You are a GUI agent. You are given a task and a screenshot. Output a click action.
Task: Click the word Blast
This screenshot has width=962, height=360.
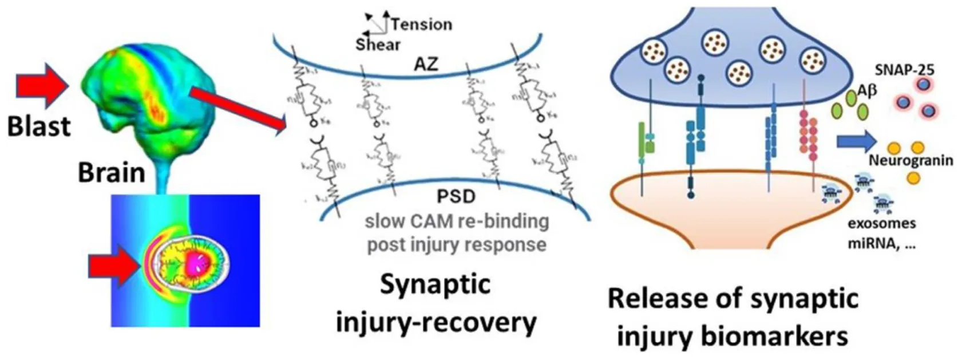coord(39,125)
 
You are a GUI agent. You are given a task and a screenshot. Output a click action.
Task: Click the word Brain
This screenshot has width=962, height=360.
coord(112,172)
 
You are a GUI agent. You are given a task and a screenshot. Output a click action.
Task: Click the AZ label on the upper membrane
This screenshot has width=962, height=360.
coord(426,64)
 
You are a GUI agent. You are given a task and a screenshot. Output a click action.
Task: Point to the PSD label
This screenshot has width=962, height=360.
coord(456,197)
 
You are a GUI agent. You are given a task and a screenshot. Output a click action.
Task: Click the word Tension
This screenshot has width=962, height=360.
coord(422,25)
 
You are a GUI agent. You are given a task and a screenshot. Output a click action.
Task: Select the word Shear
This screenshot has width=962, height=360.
coord(378,45)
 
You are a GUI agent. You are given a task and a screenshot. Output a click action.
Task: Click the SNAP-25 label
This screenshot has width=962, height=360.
coord(904,70)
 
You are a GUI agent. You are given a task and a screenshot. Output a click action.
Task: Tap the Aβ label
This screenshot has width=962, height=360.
coord(868,91)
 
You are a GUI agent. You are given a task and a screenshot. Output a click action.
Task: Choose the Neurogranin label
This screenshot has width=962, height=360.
coord(910,160)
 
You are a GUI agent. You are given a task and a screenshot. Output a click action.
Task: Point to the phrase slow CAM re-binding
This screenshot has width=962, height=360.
coord(457,221)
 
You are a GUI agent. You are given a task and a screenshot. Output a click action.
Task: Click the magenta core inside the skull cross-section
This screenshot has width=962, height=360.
coord(197,264)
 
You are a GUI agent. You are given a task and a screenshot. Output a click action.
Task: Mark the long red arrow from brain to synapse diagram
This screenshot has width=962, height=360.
coord(237,109)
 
